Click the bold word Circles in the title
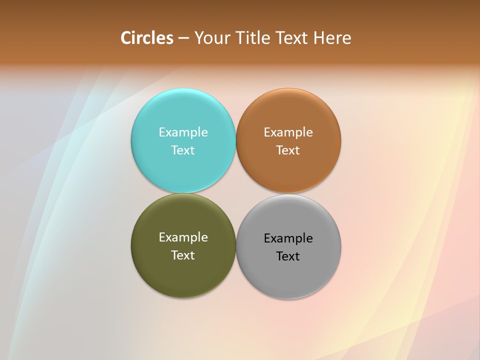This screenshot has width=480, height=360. pyautogui.click(x=147, y=38)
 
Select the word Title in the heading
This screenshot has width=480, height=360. pyautogui.click(x=255, y=38)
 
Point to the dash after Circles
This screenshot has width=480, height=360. pyautogui.click(x=183, y=38)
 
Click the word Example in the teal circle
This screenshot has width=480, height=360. pyautogui.click(x=183, y=132)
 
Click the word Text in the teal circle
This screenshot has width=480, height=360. pyautogui.click(x=183, y=150)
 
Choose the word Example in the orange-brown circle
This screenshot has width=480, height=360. pyautogui.click(x=288, y=132)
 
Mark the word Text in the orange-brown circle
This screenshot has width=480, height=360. pyautogui.click(x=288, y=150)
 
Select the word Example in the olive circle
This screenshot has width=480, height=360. pyautogui.click(x=183, y=237)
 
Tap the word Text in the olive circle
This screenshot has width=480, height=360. pyautogui.click(x=183, y=255)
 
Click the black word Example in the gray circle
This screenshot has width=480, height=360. pyautogui.click(x=288, y=238)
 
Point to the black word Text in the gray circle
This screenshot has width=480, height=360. pyautogui.click(x=288, y=256)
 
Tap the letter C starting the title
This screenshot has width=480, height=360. pyautogui.click(x=126, y=38)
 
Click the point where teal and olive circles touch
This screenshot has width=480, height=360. pyautogui.click(x=183, y=193)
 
